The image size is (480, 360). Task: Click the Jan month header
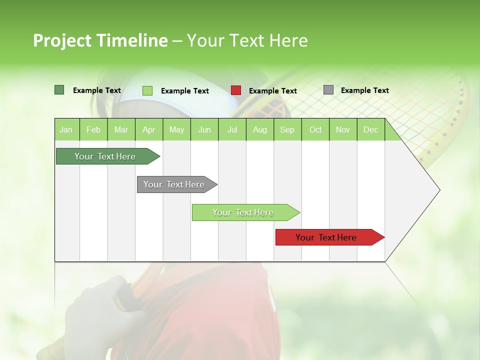pyautogui.click(x=66, y=129)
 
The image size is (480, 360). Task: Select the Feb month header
pyautogui.click(x=93, y=129)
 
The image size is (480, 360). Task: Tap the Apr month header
pyautogui.click(x=148, y=129)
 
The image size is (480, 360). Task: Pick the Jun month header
pyautogui.click(x=204, y=129)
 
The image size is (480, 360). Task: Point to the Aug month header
pyautogui.click(x=259, y=129)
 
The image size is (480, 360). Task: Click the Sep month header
pyautogui.click(x=287, y=129)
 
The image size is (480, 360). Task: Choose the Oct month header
pyautogui.click(x=315, y=129)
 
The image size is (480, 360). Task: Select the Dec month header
pyautogui.click(x=370, y=129)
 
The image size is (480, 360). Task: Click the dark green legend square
pyautogui.click(x=59, y=90)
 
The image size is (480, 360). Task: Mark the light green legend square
pyautogui.click(x=147, y=90)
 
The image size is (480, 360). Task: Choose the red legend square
pyautogui.click(x=236, y=90)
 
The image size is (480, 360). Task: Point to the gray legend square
pyautogui.click(x=328, y=90)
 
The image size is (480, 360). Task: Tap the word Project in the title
pyautogui.click(x=62, y=40)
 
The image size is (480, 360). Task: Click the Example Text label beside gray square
pyautogui.click(x=364, y=90)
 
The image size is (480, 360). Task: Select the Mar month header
pyautogui.click(x=121, y=129)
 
